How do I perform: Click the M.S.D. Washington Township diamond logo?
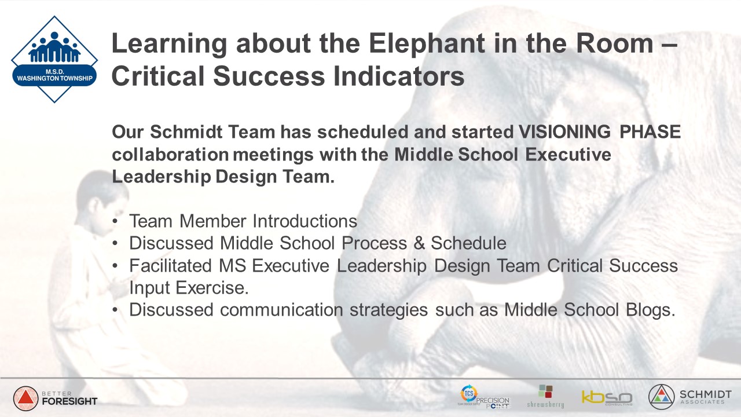[x=54, y=59]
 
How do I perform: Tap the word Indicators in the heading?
[x=399, y=76]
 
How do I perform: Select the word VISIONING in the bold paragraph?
[x=564, y=131]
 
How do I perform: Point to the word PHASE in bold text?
[x=650, y=131]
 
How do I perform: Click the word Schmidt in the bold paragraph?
[x=186, y=131]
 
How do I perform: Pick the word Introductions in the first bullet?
[x=305, y=221]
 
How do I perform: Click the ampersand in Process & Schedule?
[x=419, y=243]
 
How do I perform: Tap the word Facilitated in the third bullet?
[x=170, y=265]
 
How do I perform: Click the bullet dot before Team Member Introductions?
[x=115, y=221]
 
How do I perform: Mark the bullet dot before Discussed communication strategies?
[x=115, y=310]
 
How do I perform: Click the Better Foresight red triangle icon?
[x=25, y=398]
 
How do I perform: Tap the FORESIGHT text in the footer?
[x=69, y=401]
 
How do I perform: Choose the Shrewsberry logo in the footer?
[x=545, y=396]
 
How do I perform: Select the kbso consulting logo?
[x=607, y=398]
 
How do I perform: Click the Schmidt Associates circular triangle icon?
[x=661, y=397]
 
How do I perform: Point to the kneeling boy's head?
[x=102, y=199]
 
